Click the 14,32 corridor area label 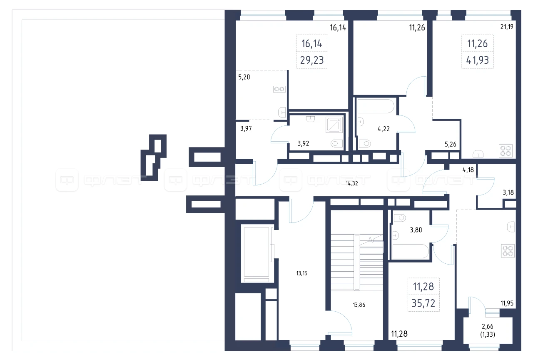[352, 183]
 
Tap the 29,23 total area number [312, 60]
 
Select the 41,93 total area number [478, 60]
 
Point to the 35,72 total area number [423, 303]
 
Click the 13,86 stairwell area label [359, 305]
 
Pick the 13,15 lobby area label [302, 273]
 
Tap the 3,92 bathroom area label [304, 143]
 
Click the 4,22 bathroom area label [384, 129]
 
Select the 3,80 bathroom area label [416, 230]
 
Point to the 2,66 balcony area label [488, 326]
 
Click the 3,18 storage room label [508, 192]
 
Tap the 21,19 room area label [507, 27]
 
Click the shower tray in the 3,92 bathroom [334, 125]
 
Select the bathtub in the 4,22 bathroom [376, 106]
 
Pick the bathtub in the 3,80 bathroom [410, 251]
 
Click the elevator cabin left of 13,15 [257, 253]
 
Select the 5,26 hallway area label [451, 144]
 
